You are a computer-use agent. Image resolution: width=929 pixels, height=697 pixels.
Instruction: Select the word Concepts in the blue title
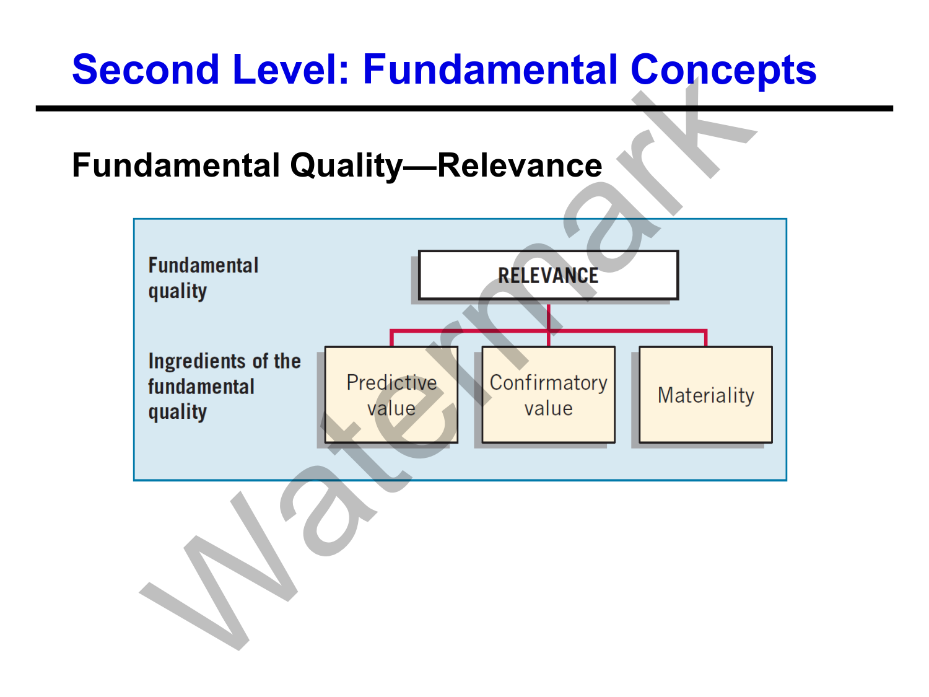pos(723,69)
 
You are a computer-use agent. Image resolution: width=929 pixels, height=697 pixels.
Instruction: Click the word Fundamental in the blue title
pos(490,69)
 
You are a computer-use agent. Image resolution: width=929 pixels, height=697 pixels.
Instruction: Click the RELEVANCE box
pos(548,275)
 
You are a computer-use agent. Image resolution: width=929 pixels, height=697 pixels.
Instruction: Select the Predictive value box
pos(391,395)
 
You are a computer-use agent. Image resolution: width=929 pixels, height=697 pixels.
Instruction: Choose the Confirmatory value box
pos(548,395)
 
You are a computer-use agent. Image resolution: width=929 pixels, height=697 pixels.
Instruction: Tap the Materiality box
pos(705,395)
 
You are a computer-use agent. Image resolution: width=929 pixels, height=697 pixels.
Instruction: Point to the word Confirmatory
pos(548,383)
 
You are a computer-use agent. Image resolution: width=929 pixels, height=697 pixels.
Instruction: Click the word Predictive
pos(391,383)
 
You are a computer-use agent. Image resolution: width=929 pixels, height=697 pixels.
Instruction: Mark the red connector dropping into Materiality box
pos(705,338)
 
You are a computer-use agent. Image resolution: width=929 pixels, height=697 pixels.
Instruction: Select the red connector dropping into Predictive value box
pos(391,338)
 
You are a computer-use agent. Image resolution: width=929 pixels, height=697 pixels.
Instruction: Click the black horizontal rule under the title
pos(464,108)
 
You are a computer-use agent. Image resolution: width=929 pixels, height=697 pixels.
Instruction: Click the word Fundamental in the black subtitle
pos(176,166)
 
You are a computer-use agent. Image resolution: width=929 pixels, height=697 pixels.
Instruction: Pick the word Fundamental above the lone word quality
pos(203,266)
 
